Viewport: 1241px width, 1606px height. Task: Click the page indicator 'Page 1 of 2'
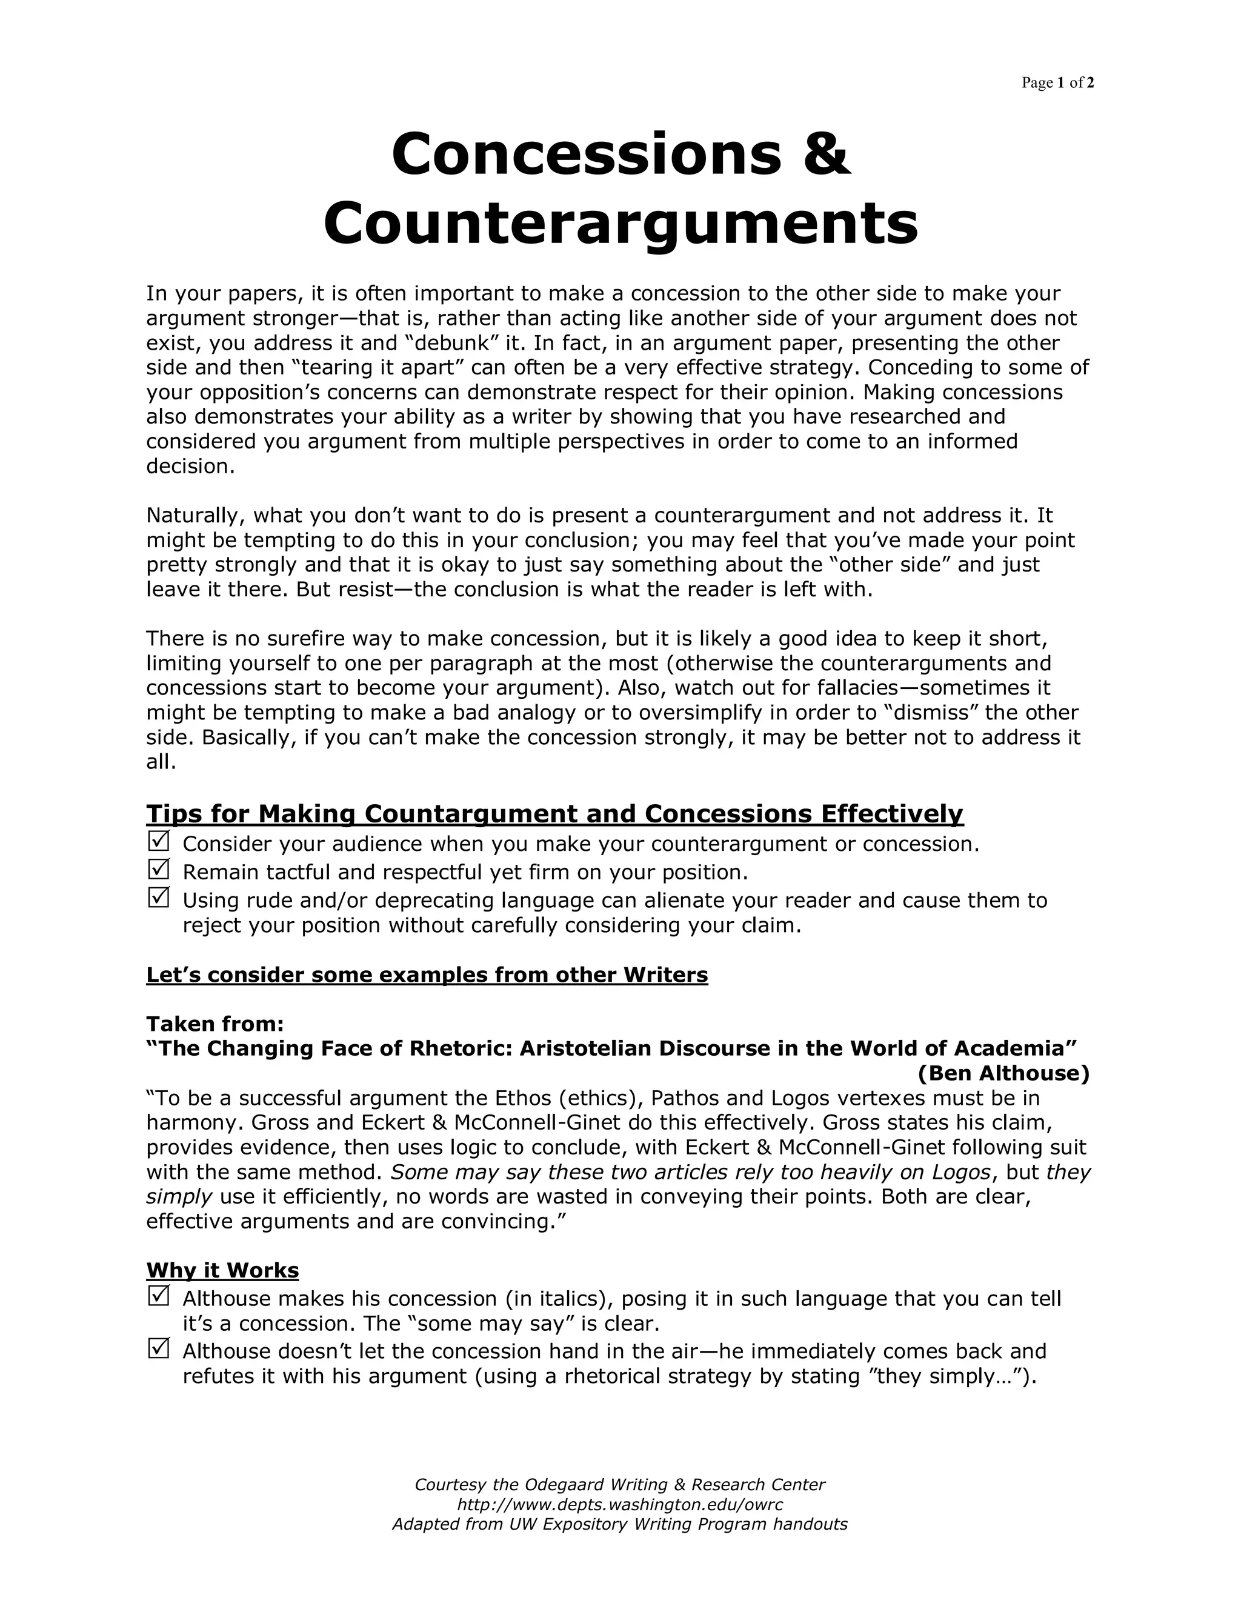[x=1057, y=83]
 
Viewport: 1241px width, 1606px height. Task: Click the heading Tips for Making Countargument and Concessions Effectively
[x=554, y=813]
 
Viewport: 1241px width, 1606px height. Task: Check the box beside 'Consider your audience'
[x=159, y=841]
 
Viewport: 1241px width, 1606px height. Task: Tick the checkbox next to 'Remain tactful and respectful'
[x=159, y=869]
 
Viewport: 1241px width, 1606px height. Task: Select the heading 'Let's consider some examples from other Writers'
[x=427, y=975]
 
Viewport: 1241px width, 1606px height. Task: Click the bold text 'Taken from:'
[x=215, y=1024]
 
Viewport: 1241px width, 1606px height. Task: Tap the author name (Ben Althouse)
[x=1003, y=1074]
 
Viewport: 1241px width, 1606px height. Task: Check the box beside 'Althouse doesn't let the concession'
[x=159, y=1348]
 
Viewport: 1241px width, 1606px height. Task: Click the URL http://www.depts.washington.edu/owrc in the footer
[x=620, y=1505]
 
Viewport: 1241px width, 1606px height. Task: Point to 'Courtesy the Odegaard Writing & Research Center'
[x=620, y=1485]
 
